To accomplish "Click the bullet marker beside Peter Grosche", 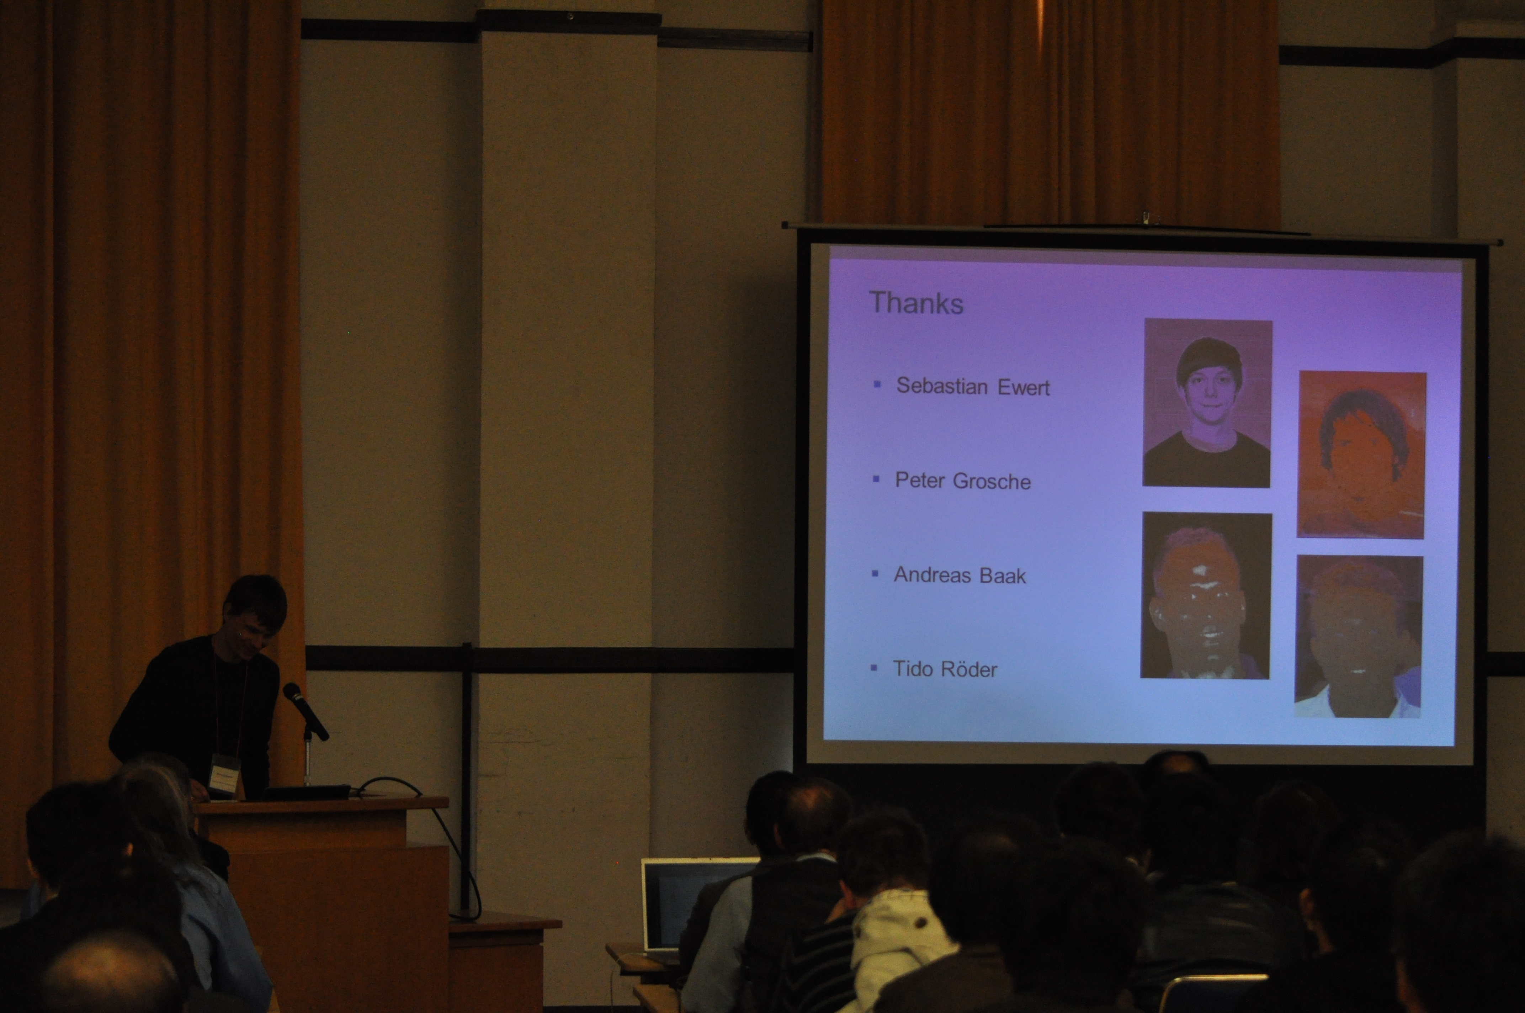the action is point(876,479).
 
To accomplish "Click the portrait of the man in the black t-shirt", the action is point(1207,403).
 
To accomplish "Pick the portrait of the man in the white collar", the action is point(1358,636).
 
